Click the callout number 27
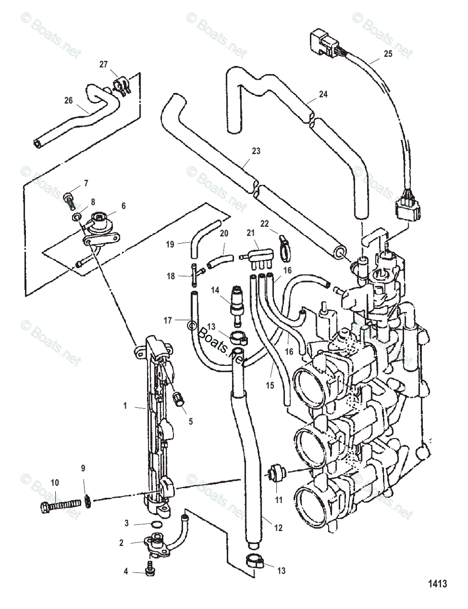point(103,64)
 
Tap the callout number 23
point(256,150)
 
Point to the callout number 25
point(388,53)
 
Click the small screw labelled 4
point(151,570)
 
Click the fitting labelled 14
point(236,303)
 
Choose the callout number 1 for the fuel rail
point(125,407)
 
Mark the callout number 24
point(323,94)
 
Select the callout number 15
point(269,385)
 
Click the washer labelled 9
point(87,501)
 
